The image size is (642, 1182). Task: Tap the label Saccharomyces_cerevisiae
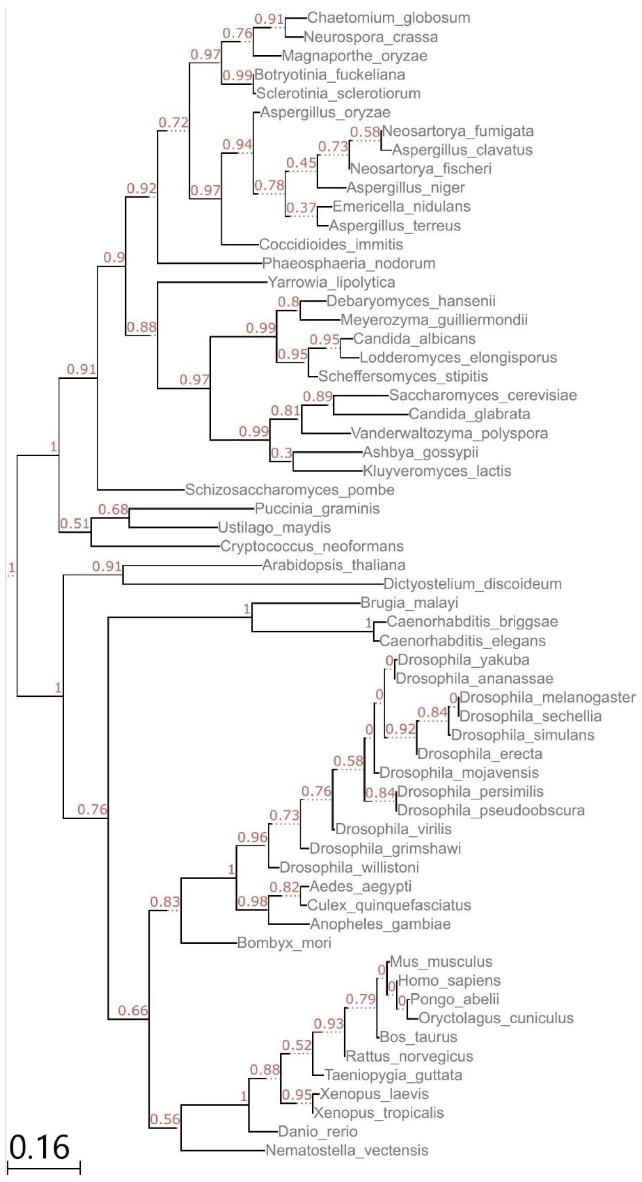click(483, 395)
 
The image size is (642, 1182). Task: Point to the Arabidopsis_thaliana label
click(334, 565)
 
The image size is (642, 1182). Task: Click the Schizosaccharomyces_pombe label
click(290, 490)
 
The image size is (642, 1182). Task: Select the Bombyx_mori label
click(284, 943)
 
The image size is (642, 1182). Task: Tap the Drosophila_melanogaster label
click(547, 698)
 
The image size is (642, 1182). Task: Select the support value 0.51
click(75, 523)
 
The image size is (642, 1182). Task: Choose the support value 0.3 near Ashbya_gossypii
click(281, 453)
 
